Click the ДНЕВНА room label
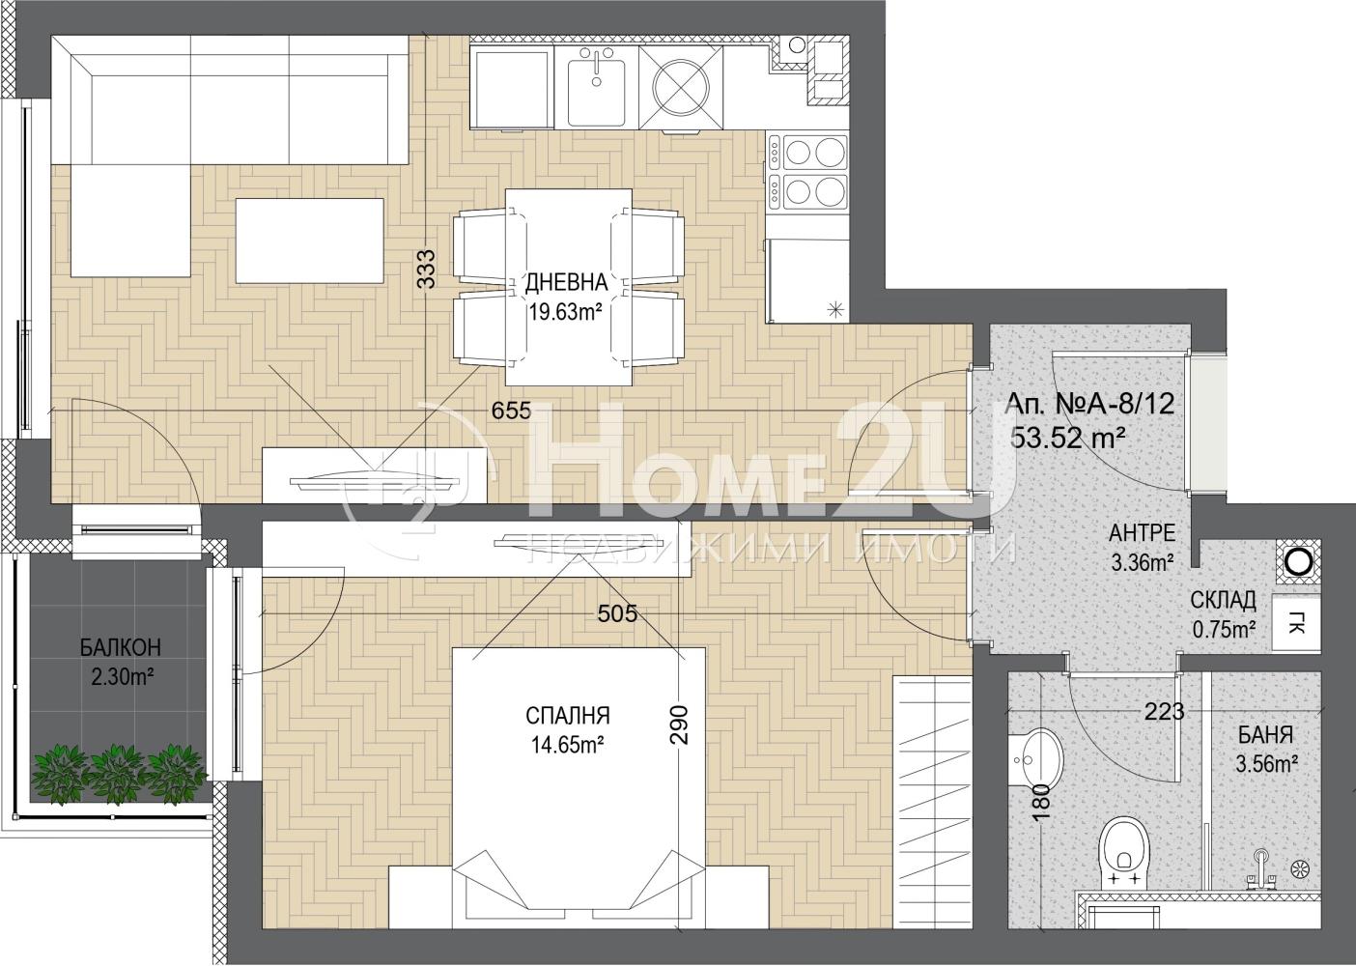(x=566, y=282)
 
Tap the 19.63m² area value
(x=566, y=313)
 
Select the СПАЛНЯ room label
(x=568, y=716)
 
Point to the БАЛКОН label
(x=121, y=647)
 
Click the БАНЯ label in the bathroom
(x=1266, y=735)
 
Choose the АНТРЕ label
(x=1143, y=533)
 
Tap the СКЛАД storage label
(x=1223, y=600)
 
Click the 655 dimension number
(x=511, y=411)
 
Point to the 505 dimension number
(x=617, y=613)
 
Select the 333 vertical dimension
(x=426, y=269)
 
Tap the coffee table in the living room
(x=309, y=241)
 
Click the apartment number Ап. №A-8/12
(x=1089, y=404)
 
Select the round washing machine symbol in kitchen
(x=681, y=89)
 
